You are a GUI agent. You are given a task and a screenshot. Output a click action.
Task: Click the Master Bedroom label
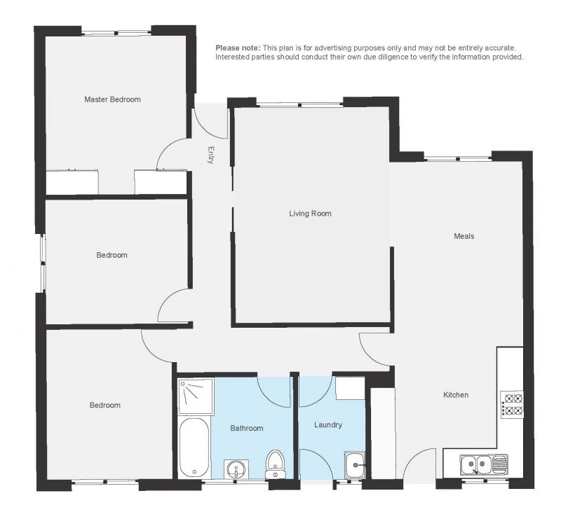112,99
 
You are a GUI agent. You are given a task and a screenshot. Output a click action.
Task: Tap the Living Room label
310,214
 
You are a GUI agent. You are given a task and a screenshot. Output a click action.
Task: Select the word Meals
464,236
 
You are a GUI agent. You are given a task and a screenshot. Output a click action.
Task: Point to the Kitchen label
456,395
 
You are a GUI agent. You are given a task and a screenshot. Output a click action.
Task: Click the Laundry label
328,425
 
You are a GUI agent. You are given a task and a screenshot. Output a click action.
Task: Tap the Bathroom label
247,428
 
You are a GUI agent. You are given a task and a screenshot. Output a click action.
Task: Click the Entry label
211,155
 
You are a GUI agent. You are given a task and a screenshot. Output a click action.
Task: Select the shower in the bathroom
196,396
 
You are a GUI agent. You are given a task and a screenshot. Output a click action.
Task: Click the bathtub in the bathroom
194,448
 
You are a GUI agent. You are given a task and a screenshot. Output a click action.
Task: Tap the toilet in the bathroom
275,464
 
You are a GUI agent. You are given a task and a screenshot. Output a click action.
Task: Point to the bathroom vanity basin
236,469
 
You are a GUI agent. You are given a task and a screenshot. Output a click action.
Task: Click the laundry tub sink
355,465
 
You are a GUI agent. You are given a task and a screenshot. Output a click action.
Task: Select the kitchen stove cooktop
512,404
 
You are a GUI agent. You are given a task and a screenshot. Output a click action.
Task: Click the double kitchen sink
483,464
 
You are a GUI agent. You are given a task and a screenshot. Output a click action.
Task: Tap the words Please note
238,48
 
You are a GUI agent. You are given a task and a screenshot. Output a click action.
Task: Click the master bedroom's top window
116,33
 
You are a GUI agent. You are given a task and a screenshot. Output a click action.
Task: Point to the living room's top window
300,104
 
